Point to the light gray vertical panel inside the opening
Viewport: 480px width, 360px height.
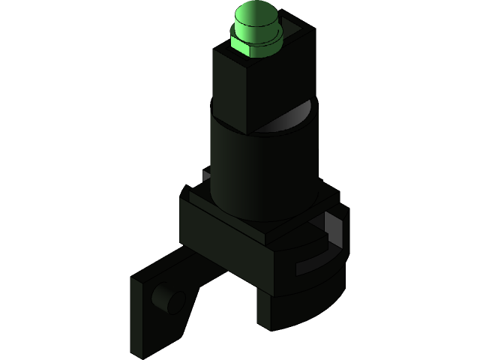pyautogui.click(x=340, y=229)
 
